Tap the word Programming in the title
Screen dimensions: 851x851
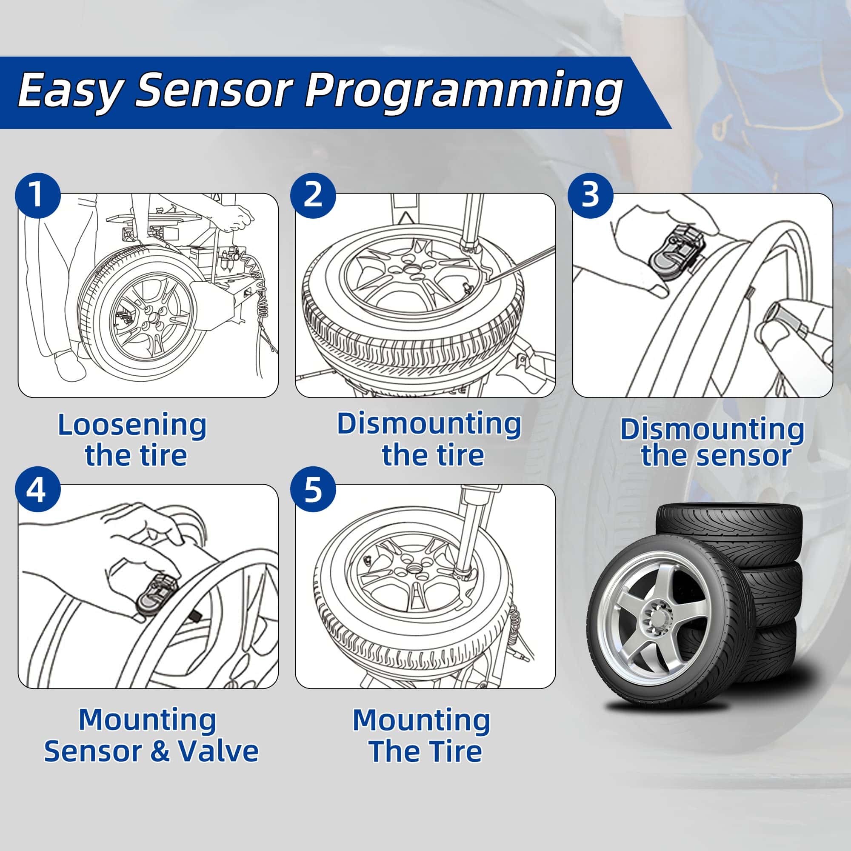463,91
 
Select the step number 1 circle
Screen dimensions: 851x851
37,195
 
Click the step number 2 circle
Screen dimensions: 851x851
313,195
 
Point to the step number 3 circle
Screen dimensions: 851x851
590,195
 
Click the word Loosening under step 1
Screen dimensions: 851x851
132,425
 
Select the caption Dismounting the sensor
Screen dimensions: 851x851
712,443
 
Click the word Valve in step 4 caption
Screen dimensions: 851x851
218,751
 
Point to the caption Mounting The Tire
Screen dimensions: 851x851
422,736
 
